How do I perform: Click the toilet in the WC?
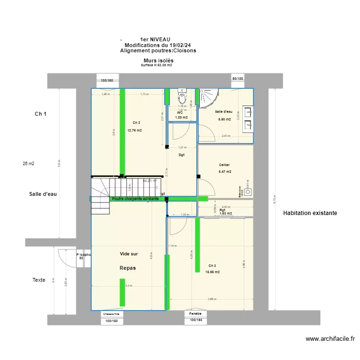[182, 97]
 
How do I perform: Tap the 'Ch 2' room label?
[136, 123]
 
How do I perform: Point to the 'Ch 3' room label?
[212, 265]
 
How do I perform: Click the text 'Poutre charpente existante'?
[135, 198]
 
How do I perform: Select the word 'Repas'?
[128, 268]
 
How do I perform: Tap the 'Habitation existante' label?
[310, 213]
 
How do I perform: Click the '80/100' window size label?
[238, 79]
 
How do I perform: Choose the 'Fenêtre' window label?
[195, 313]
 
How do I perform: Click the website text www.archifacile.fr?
[330, 339]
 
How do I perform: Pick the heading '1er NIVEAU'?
[155, 39]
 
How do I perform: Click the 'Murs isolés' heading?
[158, 60]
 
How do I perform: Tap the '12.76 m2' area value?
[134, 130]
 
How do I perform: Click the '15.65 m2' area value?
[212, 272]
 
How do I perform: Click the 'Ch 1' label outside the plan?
[41, 114]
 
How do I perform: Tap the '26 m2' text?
[28, 164]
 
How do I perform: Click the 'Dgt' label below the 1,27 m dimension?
[181, 155]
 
